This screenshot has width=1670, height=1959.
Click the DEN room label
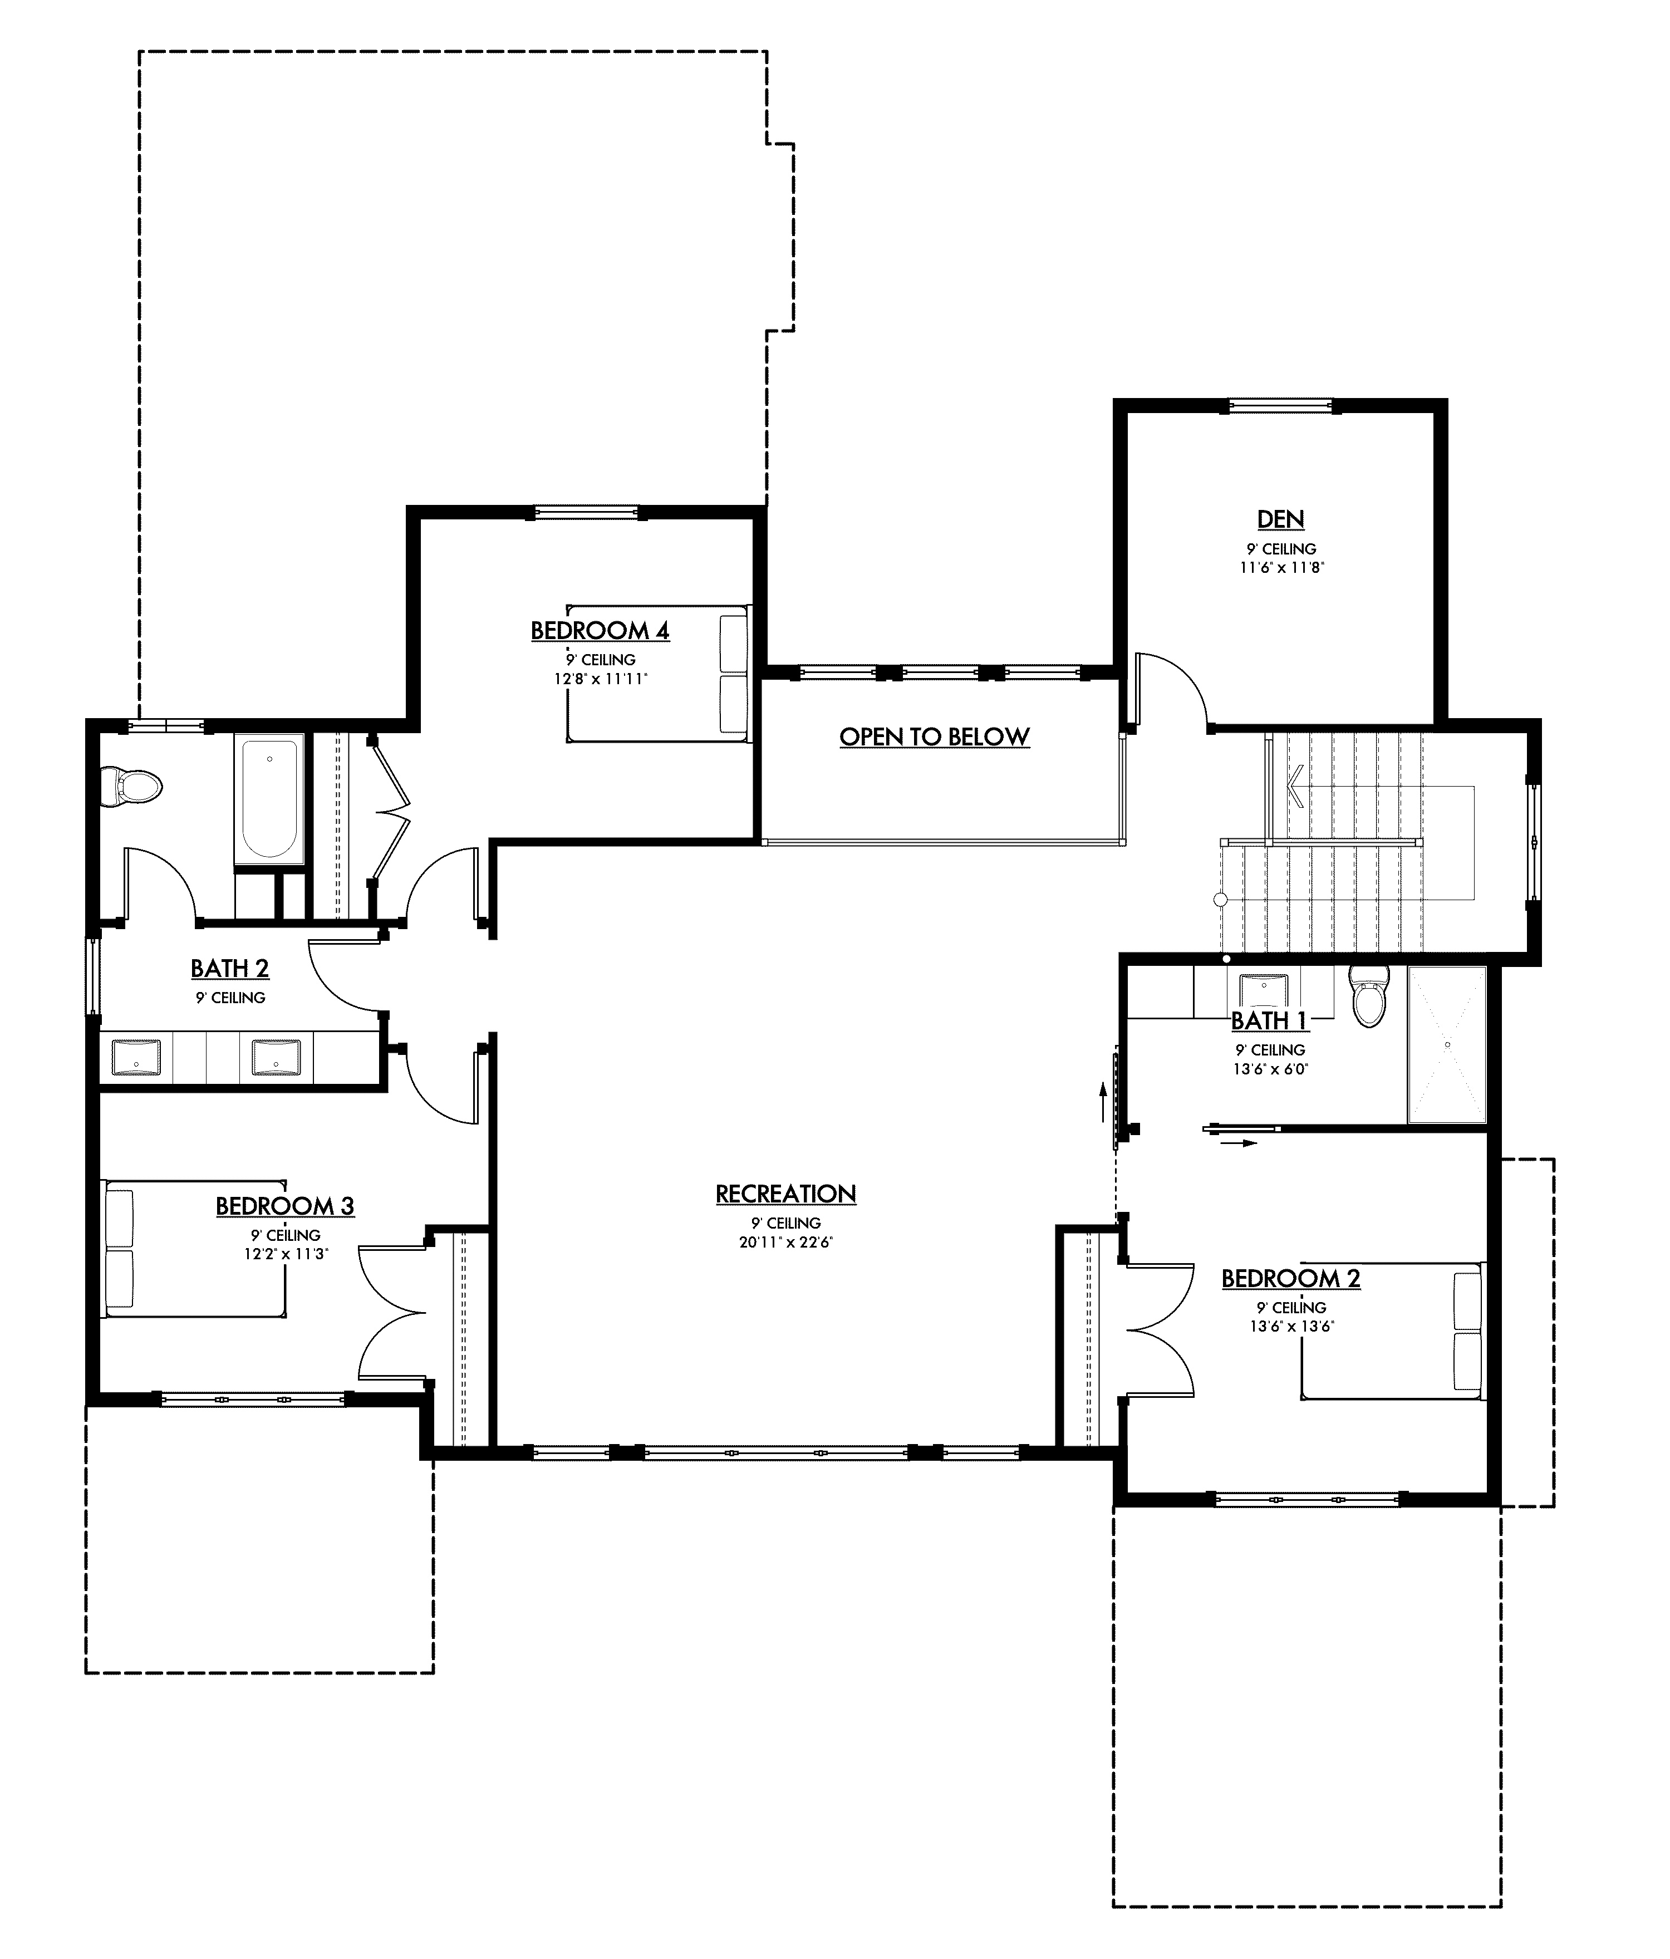(1280, 519)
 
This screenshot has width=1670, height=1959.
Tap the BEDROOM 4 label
(600, 631)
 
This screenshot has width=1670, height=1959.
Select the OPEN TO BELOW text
(934, 737)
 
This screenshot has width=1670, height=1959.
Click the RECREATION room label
(785, 1194)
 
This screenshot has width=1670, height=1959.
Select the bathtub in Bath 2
(269, 799)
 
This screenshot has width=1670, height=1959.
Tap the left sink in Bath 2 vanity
(137, 1057)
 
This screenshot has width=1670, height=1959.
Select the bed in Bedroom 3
(194, 1248)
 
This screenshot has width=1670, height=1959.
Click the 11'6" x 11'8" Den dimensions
(1280, 567)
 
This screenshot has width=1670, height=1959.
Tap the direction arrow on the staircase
(1295, 785)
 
